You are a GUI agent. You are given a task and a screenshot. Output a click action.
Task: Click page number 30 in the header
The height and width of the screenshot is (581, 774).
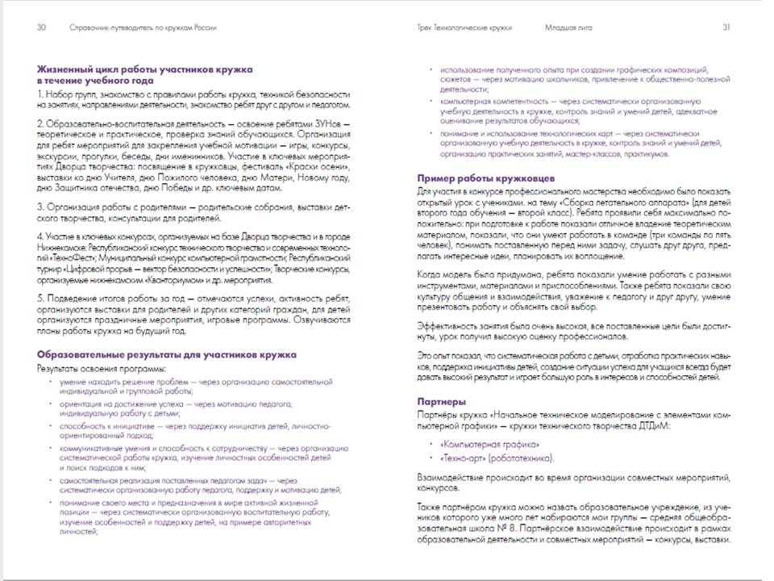click(x=41, y=27)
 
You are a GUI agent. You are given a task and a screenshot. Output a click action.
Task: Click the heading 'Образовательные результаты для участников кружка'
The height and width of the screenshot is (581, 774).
click(x=166, y=354)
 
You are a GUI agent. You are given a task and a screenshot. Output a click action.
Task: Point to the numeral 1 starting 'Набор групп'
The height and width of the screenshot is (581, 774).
click(x=40, y=94)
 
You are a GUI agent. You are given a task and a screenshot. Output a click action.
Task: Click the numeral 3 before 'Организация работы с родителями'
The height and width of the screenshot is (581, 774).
click(x=40, y=207)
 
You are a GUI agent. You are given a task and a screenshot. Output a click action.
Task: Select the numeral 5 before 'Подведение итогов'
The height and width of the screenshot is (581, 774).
click(x=40, y=298)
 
